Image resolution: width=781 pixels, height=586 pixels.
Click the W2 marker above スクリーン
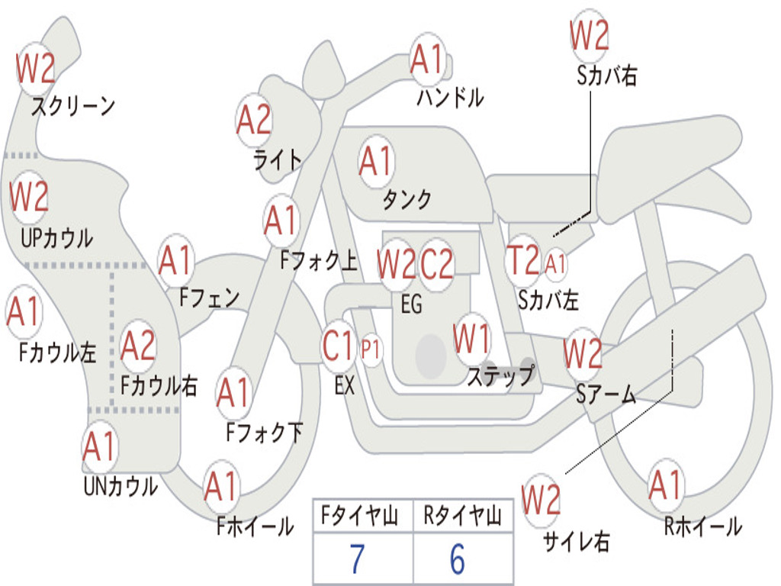pyautogui.click(x=35, y=69)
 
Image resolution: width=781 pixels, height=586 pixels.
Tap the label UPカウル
pyautogui.click(x=56, y=238)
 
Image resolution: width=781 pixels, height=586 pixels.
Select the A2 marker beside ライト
pyautogui.click(x=254, y=121)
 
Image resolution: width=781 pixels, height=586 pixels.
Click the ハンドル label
pyautogui.click(x=450, y=97)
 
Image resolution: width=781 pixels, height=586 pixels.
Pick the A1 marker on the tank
pyautogui.click(x=377, y=162)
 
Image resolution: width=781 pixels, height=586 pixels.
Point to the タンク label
pyautogui.click(x=407, y=199)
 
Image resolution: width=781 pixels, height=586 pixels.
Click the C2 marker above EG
pyautogui.click(x=437, y=264)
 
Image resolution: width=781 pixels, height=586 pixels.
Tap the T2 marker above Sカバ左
pyautogui.click(x=523, y=260)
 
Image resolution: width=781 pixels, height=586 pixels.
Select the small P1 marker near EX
pyautogui.click(x=371, y=349)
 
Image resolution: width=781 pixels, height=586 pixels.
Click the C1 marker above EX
pyautogui.click(x=339, y=346)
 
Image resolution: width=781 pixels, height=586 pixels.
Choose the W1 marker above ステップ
pyautogui.click(x=471, y=339)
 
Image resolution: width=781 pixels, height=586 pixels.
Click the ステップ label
pyautogui.click(x=500, y=375)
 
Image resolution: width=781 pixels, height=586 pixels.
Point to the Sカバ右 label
pyautogui.click(x=606, y=76)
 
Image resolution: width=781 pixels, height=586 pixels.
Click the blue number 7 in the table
pyautogui.click(x=357, y=559)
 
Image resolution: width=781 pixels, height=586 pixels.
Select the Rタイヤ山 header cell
pyautogui.click(x=463, y=516)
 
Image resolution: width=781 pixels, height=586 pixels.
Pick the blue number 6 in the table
pyautogui.click(x=458, y=559)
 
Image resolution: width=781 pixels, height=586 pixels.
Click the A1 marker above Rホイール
pyautogui.click(x=665, y=485)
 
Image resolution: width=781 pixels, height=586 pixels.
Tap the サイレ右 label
pyautogui.click(x=577, y=541)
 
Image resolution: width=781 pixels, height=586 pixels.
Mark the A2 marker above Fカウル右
pyautogui.click(x=138, y=346)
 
